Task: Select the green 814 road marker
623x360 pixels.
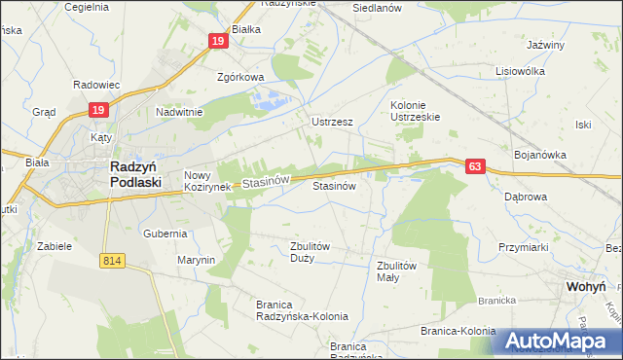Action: tap(112, 260)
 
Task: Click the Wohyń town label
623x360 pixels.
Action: tap(586, 288)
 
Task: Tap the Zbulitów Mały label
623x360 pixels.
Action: tap(396, 270)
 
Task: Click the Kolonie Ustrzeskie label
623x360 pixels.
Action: tap(416, 111)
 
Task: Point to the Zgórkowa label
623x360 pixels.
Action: tap(240, 78)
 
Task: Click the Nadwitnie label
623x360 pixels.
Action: tap(179, 112)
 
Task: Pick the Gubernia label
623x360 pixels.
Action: tap(165, 234)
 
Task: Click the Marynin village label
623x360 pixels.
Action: tap(196, 260)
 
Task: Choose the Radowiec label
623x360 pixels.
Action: tap(95, 85)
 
